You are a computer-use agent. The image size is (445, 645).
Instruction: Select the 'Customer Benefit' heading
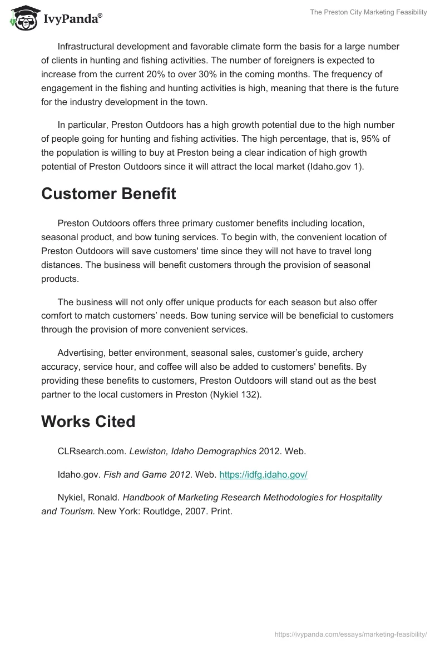tap(108, 194)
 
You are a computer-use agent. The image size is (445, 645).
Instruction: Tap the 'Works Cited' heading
tap(88, 421)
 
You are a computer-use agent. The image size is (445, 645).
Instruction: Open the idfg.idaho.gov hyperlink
tap(263, 475)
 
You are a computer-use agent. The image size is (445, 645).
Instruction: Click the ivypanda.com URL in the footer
tap(351, 634)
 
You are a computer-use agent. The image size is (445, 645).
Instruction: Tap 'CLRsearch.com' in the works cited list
tap(92, 451)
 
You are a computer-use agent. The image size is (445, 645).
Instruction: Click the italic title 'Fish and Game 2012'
tap(148, 475)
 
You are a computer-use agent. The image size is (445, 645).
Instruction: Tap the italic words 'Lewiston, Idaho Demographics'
tap(193, 451)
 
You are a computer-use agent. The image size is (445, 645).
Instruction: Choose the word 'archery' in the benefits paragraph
tap(348, 353)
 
